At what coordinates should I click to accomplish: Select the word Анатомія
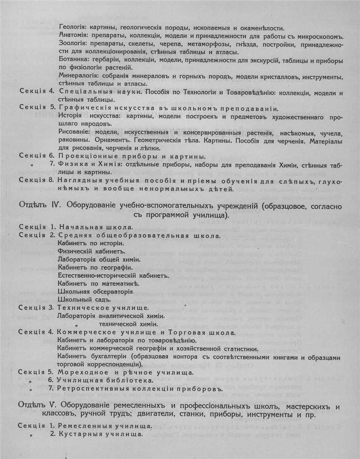(x=72, y=36)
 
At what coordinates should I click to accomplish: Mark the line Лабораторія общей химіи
(x=99, y=260)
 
